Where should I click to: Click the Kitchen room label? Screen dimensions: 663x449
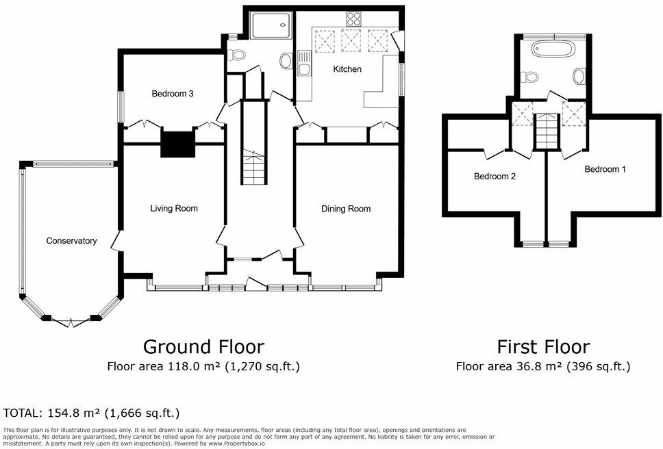347,69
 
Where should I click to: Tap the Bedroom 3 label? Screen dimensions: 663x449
173,93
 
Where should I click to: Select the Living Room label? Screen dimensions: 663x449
174,208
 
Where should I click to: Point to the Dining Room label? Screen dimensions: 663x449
346,209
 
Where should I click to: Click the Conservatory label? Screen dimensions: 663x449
71,241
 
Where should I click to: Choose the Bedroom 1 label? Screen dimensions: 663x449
605,169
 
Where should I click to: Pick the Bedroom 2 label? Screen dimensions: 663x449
495,176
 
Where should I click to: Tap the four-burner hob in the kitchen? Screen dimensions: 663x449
353,19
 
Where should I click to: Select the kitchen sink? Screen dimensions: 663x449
304,63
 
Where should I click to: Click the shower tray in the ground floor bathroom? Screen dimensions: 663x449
271,25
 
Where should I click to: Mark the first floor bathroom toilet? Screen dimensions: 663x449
529,77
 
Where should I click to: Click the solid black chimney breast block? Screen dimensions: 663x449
177,144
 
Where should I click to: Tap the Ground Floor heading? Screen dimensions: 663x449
204,347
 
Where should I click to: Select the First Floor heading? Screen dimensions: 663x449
543,347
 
